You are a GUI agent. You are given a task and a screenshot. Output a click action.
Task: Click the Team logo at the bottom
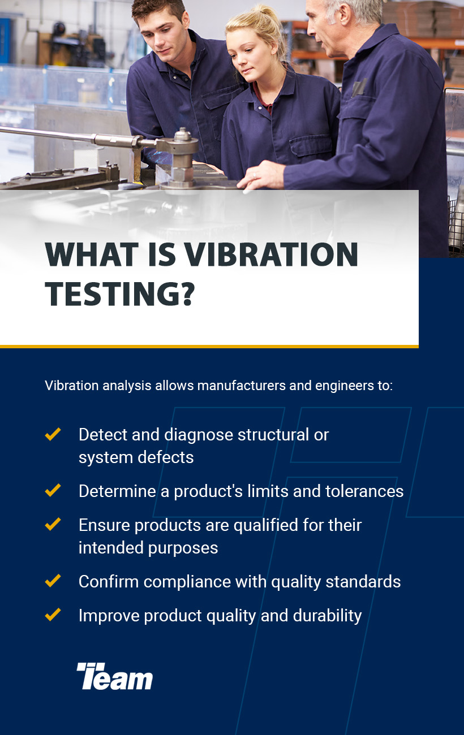[115, 676]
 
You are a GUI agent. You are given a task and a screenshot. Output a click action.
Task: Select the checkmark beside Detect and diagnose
[53, 435]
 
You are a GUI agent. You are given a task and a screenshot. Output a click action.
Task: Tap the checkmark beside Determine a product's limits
[53, 491]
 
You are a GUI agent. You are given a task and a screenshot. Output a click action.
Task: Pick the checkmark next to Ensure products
[53, 525]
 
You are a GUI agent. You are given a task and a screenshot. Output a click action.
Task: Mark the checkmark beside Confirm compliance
[53, 581]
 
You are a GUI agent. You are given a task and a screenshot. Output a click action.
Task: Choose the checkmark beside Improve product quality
[53, 615]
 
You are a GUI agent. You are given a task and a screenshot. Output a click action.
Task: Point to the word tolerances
[364, 491]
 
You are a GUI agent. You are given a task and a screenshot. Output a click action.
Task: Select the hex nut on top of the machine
[182, 136]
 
